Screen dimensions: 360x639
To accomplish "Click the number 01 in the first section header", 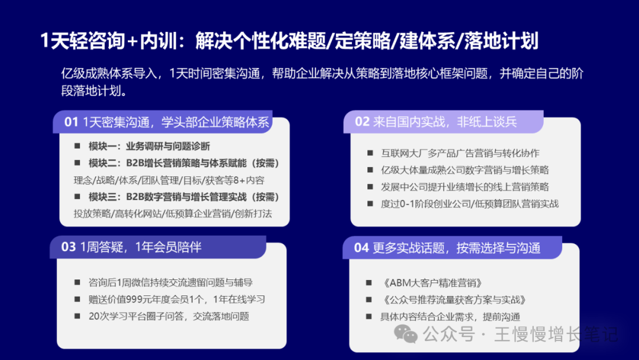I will pyautogui.click(x=71, y=123).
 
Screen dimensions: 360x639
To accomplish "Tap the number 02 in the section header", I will pyautogui.click(x=362, y=122).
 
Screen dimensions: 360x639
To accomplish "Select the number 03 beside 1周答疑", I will pyautogui.click(x=68, y=247).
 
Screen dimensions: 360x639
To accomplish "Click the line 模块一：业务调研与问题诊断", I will pyautogui.click(x=149, y=146).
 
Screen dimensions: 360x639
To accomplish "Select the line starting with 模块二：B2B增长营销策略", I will pyautogui.click(x=184, y=163).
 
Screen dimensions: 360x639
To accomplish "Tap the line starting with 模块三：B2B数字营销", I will pyautogui.click(x=184, y=197).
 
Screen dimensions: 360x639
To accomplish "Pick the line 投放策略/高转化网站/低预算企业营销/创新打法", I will pyautogui.click(x=173, y=214).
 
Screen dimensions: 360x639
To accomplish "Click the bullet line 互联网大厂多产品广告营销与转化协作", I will pyautogui.click(x=460, y=153).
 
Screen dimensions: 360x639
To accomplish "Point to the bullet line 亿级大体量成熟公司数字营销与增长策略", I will pyautogui.click(x=465, y=170).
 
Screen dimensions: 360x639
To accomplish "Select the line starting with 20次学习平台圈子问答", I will pyautogui.click(x=169, y=316).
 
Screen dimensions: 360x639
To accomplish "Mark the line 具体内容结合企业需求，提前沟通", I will pyautogui.click(x=450, y=316).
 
